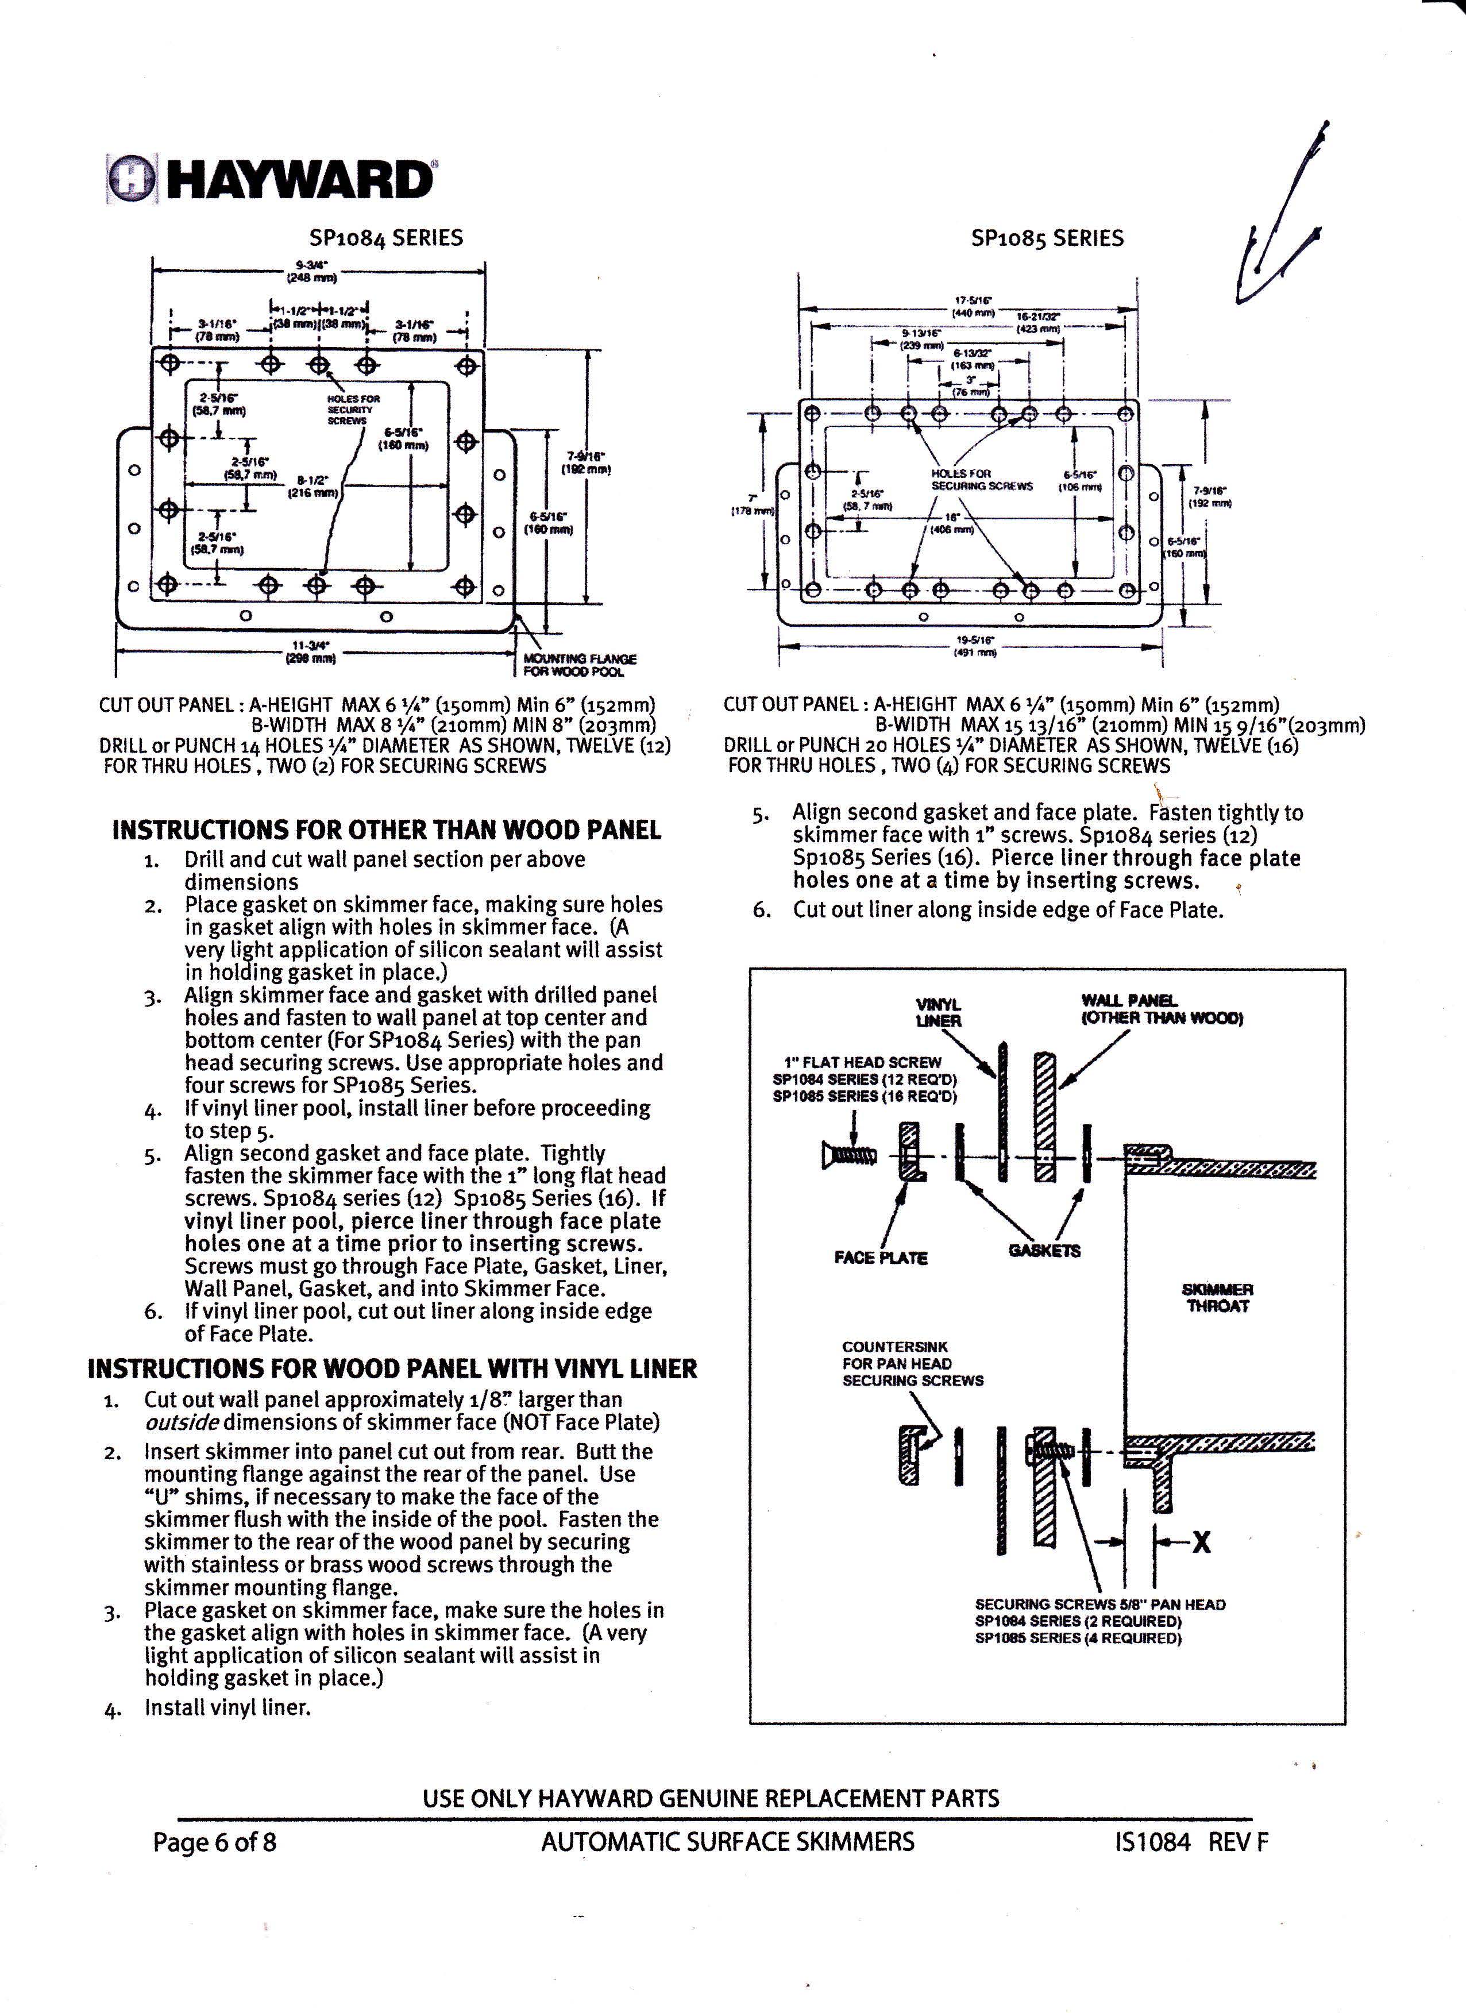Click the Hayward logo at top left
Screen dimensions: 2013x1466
271,179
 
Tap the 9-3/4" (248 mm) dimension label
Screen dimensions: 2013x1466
317,271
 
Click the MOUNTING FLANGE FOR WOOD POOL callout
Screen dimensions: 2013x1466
580,665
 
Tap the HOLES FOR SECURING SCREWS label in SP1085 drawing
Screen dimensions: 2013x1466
982,480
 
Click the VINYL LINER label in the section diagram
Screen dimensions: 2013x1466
938,1013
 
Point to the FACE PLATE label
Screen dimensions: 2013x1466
880,1258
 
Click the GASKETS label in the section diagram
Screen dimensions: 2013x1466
1044,1251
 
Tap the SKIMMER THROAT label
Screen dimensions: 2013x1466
1217,1298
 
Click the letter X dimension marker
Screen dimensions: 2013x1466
1201,1542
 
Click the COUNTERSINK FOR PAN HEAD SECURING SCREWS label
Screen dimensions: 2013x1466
912,1363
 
